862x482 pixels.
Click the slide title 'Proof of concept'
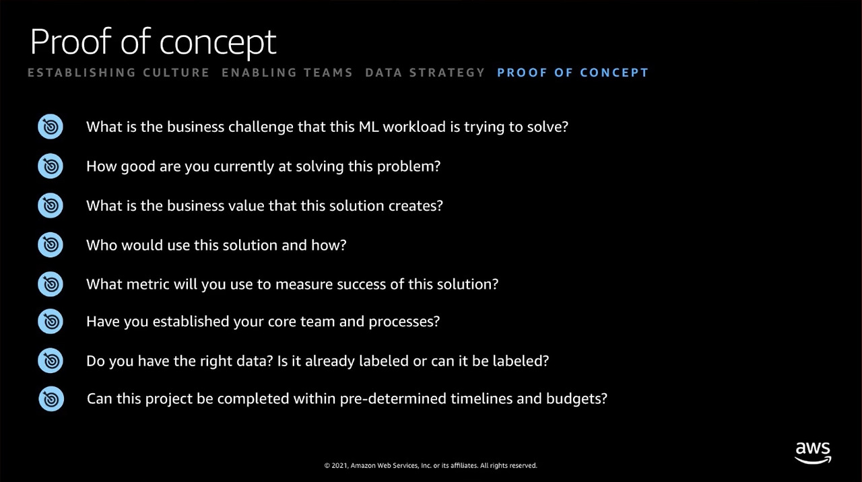153,42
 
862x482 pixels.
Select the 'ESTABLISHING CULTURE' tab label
119,72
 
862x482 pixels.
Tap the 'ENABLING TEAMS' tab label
287,72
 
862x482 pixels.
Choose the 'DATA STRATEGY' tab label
425,72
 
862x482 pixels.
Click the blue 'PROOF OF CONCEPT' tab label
572,72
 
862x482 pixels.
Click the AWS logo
813,453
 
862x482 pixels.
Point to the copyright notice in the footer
430,465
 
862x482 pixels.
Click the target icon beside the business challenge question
51,127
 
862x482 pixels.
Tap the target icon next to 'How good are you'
51,166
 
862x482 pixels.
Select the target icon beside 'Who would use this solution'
51,244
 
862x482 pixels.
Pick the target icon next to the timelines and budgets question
51,399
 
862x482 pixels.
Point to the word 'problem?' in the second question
409,167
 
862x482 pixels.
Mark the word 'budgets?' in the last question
576,399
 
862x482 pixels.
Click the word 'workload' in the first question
414,127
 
